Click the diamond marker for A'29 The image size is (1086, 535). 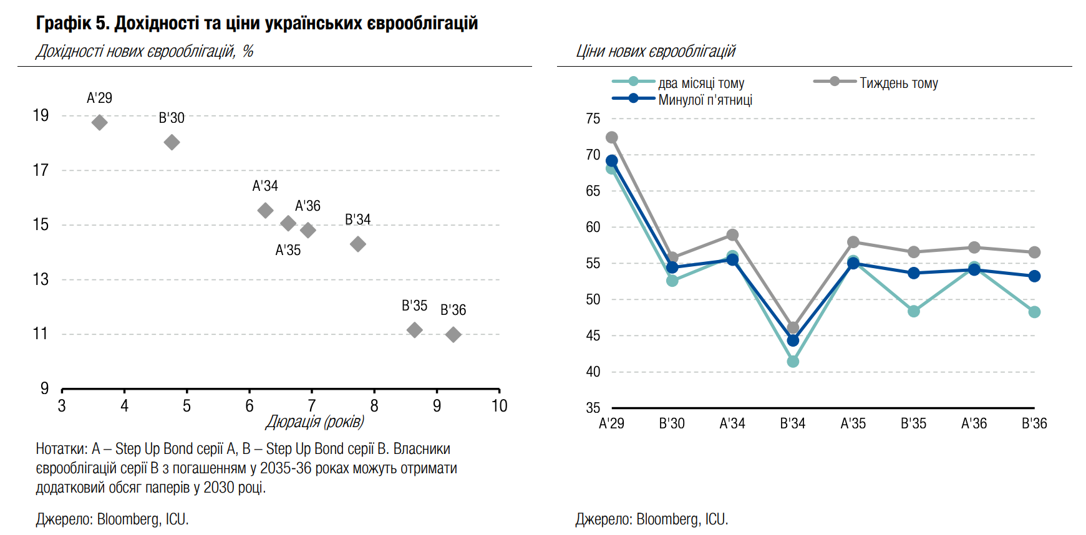click(99, 122)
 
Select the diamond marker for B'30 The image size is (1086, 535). click(172, 142)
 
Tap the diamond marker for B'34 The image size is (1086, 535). click(357, 244)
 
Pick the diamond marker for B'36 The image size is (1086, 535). click(453, 335)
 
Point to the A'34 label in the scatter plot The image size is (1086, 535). click(265, 186)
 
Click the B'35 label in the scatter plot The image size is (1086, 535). click(414, 306)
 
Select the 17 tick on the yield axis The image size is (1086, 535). click(41, 170)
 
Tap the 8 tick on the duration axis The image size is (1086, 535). click(374, 406)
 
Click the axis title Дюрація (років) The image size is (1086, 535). click(315, 422)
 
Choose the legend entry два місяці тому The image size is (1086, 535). click(701, 83)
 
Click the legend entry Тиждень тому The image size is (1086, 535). click(898, 83)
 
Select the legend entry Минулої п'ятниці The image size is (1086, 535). click(705, 100)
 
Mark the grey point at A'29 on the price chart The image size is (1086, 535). click(612, 137)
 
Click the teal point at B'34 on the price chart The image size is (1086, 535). click(793, 362)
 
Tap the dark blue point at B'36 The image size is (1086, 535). click(1034, 276)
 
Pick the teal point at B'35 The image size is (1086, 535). click(914, 311)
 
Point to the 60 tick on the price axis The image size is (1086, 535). click(593, 227)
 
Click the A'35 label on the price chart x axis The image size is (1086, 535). click(853, 423)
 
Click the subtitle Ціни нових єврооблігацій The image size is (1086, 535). click(656, 51)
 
